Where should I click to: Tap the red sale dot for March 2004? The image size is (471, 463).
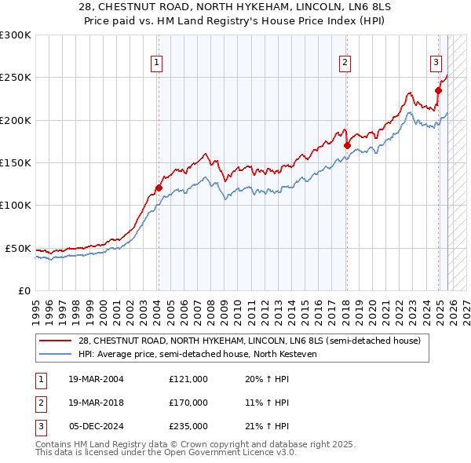(159, 188)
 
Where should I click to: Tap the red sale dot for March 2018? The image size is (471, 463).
(346, 145)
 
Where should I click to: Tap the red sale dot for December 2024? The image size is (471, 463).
(438, 90)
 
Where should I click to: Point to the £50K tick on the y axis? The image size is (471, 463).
(18, 248)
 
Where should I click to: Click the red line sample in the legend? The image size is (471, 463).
(56, 341)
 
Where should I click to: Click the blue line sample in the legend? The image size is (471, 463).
(56, 354)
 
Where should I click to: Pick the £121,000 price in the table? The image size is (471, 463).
(188, 379)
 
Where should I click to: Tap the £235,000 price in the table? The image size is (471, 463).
(188, 426)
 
